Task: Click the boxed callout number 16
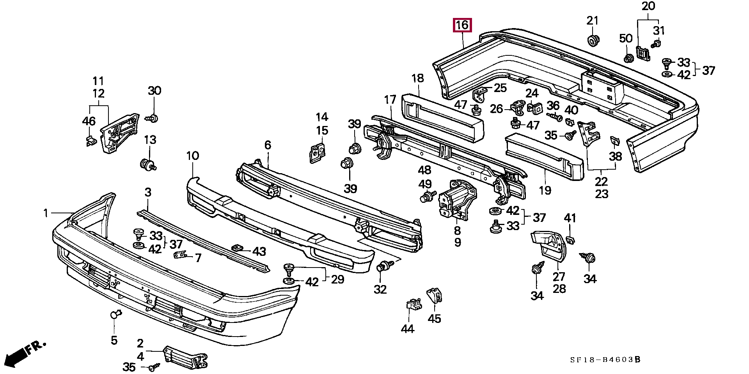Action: tap(462, 26)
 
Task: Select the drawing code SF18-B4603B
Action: tap(605, 360)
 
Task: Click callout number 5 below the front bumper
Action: tap(114, 340)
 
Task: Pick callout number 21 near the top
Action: tap(592, 20)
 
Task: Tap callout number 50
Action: tap(626, 38)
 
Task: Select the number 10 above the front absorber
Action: tap(192, 156)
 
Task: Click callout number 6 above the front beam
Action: tap(268, 145)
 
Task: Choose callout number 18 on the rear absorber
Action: tap(417, 78)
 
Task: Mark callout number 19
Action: tap(545, 190)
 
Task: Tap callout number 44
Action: tap(407, 329)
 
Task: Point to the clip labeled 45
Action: tap(434, 296)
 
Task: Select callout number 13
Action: tap(150, 140)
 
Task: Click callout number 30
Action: tap(154, 91)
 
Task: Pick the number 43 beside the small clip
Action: tap(259, 252)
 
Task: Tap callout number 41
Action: tap(570, 218)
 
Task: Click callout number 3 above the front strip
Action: tap(148, 192)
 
